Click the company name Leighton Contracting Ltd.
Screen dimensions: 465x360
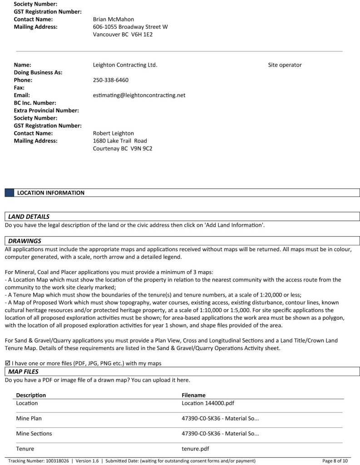pyautogui.click(x=125, y=65)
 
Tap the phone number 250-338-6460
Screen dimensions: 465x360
pyautogui.click(x=110, y=80)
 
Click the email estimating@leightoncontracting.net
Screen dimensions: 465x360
pyautogui.click(x=139, y=95)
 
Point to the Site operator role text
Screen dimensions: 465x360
pyautogui.click(x=285, y=65)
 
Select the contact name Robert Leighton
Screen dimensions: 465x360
pyautogui.click(x=113, y=134)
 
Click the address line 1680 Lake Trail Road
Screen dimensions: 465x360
pyautogui.click(x=120, y=141)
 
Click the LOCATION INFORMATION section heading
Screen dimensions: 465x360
pyautogui.click(x=50, y=193)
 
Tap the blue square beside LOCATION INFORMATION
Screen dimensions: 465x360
pyautogui.click(x=10, y=193)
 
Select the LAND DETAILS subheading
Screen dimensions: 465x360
pyautogui.click(x=29, y=217)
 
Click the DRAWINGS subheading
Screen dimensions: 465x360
pyautogui.click(x=25, y=241)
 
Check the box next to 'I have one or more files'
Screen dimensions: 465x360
pyautogui.click(x=7, y=363)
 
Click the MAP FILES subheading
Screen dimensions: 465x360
pyautogui.click(x=23, y=372)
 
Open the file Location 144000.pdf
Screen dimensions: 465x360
pyautogui.click(x=207, y=403)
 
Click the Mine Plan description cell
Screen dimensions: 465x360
pyautogui.click(x=29, y=418)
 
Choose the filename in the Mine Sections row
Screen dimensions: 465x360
pyautogui.click(x=220, y=434)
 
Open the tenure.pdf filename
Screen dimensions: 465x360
pyautogui.click(x=195, y=449)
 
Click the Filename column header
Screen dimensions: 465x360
pyautogui.click(x=193, y=395)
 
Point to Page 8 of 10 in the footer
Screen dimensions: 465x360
pyautogui.click(x=335, y=461)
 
